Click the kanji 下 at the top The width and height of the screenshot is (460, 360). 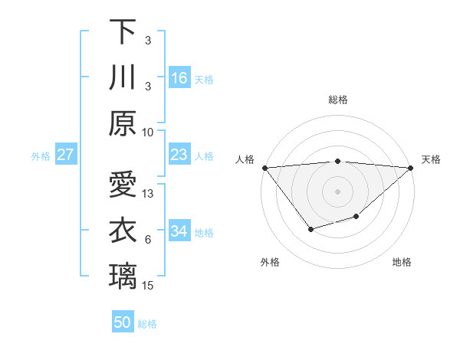[123, 32]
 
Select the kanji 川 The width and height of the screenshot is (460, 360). [123, 77]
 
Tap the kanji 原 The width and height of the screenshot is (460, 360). [123, 123]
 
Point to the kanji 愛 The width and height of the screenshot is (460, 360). [123, 185]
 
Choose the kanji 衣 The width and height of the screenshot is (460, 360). [123, 231]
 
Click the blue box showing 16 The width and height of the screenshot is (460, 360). [179, 78]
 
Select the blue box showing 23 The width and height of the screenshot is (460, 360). [179, 155]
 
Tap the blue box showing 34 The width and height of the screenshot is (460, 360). [179, 232]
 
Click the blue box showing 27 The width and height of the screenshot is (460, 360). [66, 155]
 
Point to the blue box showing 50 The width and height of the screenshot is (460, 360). [123, 322]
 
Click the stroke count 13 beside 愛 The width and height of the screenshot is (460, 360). [149, 194]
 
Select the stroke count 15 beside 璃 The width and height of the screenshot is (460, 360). [149, 286]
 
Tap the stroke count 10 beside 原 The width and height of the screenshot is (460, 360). [149, 132]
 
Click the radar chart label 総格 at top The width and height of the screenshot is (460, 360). [337, 100]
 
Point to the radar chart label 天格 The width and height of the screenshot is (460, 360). [431, 159]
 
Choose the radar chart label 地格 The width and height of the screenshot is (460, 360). [402, 262]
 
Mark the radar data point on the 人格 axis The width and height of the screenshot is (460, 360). [264, 168]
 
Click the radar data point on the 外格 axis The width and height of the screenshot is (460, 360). [310, 229]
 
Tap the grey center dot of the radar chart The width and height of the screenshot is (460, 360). [337, 191]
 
